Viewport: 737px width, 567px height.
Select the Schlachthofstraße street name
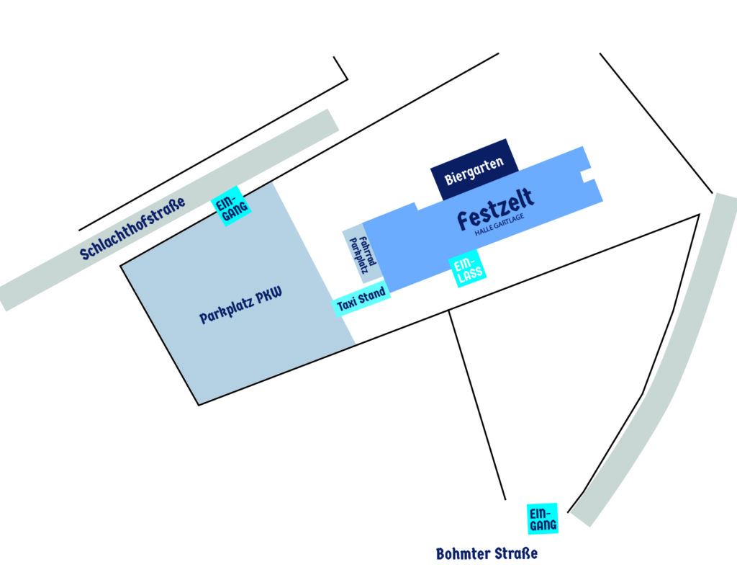tap(132, 228)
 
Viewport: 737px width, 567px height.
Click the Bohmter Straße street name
tap(487, 553)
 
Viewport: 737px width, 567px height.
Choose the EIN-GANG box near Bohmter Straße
tap(543, 519)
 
